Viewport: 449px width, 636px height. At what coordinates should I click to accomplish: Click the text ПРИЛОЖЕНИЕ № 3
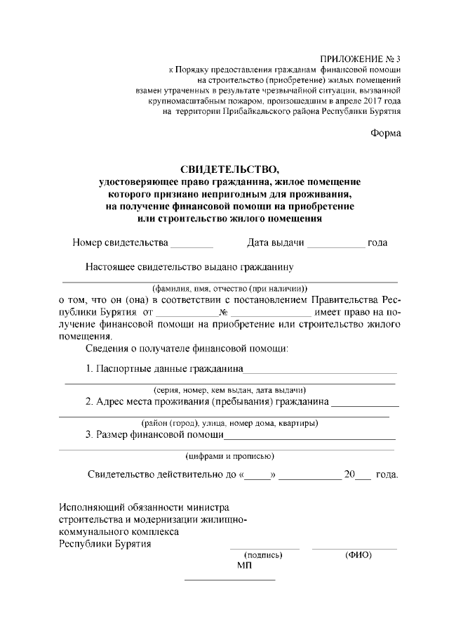360,58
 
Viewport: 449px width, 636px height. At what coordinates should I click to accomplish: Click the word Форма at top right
385,134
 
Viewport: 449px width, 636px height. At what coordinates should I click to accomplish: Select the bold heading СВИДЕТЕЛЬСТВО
229,169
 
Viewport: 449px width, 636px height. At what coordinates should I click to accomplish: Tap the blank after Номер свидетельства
192,244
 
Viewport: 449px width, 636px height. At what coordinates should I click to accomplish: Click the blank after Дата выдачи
336,244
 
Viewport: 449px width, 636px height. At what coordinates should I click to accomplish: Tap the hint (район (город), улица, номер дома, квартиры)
230,423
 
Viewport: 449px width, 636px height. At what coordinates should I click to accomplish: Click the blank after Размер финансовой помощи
309,435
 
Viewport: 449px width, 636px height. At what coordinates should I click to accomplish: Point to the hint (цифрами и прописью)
230,456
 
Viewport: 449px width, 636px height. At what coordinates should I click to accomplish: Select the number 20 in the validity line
349,474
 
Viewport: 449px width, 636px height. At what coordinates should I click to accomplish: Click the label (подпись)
263,554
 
